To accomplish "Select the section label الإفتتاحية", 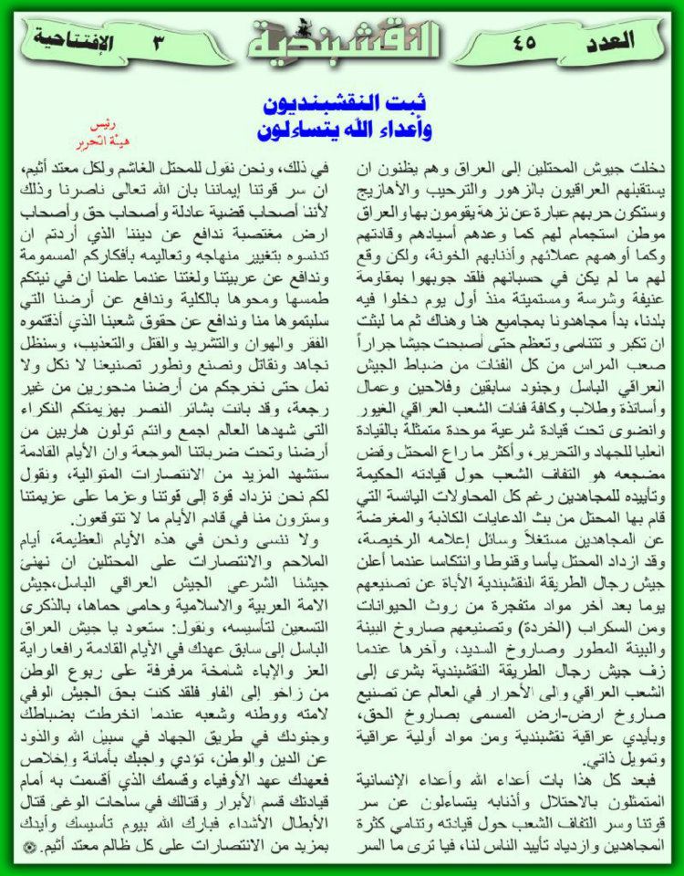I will tap(73, 40).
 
